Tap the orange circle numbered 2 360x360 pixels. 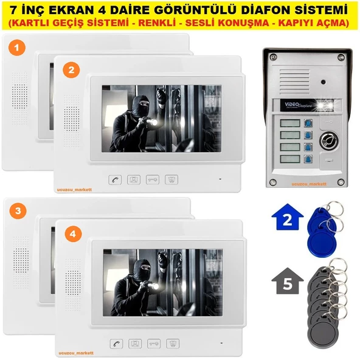click(71, 70)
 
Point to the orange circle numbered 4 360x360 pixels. click(71, 233)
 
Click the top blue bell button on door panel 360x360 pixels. click(308, 121)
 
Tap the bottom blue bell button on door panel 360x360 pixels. click(308, 159)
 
